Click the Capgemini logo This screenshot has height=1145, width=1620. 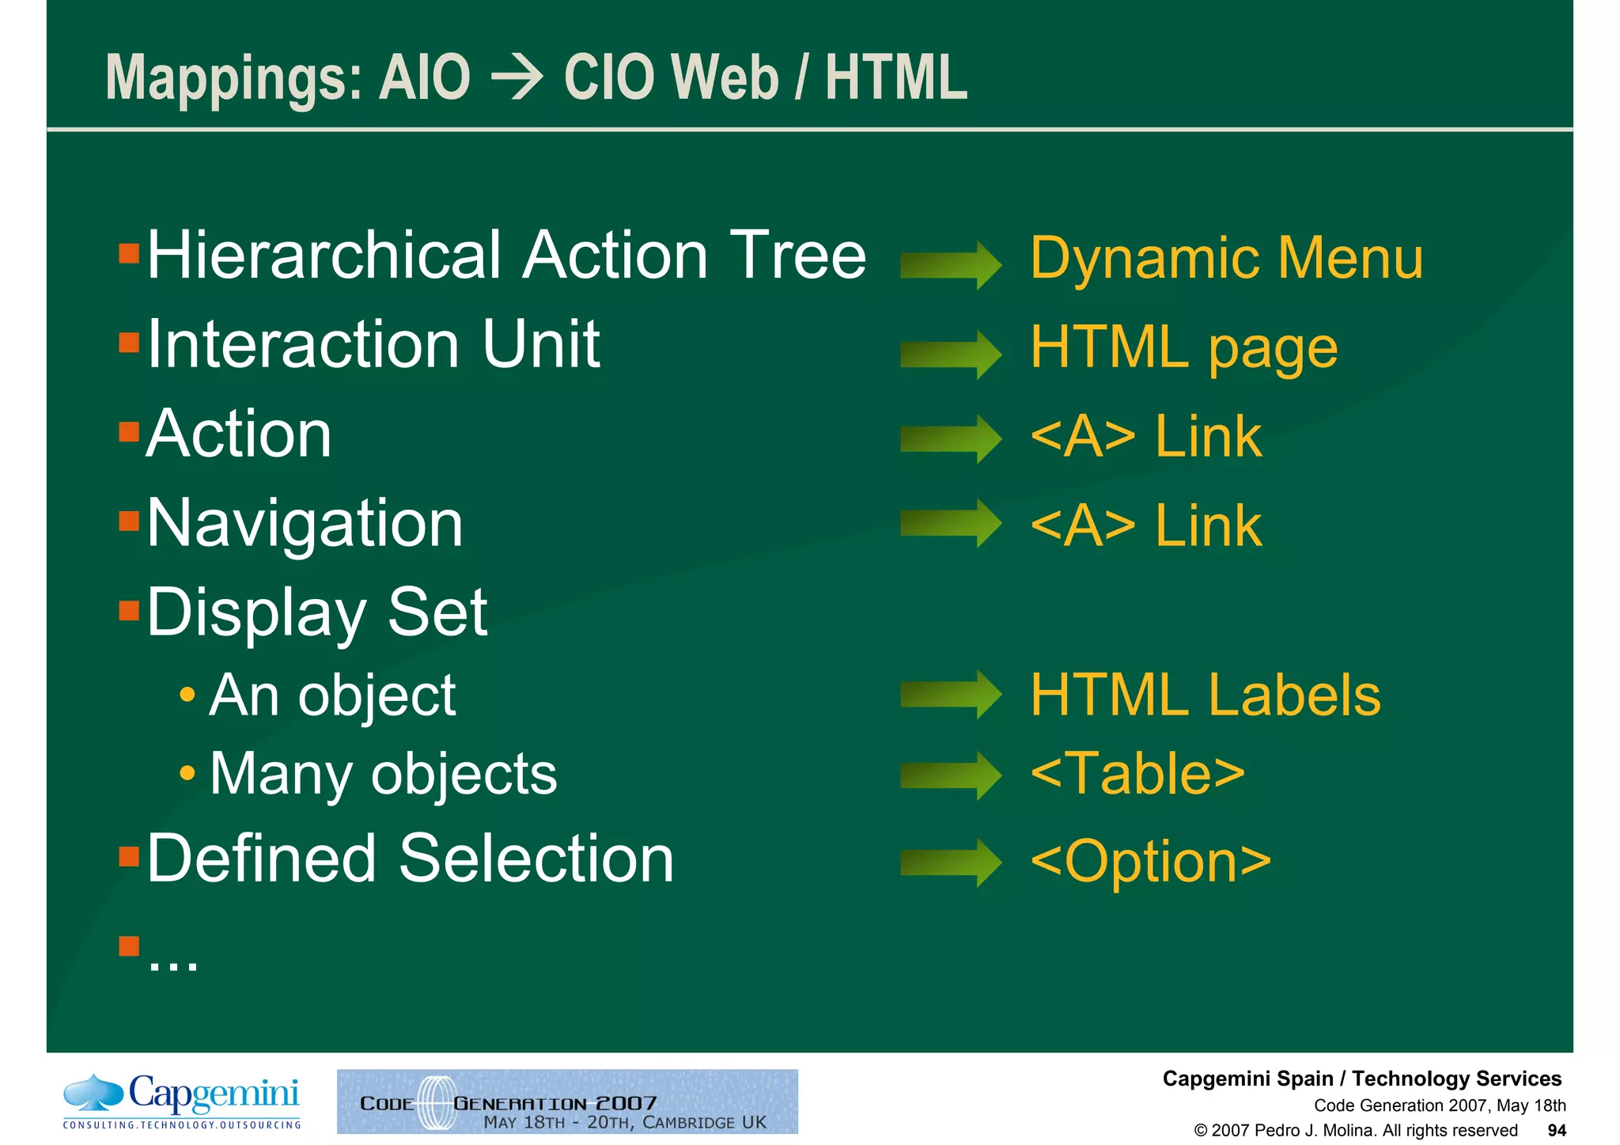182,1101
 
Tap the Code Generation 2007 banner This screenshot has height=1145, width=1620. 567,1101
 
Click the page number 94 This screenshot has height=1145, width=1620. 1556,1131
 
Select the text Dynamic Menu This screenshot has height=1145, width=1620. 1226,258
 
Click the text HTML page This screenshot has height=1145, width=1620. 1183,347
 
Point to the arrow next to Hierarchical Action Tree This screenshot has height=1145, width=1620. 951,265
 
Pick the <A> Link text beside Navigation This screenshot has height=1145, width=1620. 1145,525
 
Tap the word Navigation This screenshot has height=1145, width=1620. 305,524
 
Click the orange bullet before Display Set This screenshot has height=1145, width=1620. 129,610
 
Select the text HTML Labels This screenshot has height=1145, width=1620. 1205,695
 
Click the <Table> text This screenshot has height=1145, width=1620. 1137,773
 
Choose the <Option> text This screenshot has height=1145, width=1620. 1151,861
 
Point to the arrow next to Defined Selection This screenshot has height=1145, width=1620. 951,863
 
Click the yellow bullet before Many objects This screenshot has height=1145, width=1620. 187,772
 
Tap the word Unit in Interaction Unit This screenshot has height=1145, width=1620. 541,345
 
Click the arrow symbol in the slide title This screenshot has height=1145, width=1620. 517,78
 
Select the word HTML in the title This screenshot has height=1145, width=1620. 896,78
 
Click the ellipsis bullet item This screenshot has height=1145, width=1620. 172,958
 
